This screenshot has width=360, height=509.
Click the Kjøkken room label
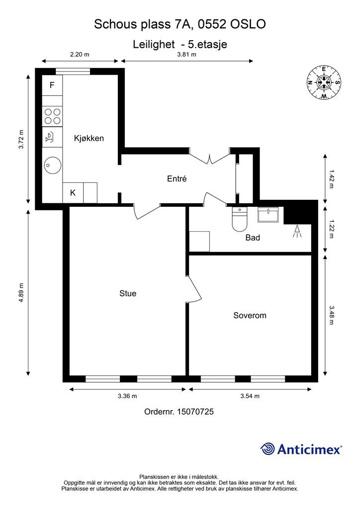89,138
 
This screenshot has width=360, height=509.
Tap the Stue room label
128,293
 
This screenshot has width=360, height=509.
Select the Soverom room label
250,315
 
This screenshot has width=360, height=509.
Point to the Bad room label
253,238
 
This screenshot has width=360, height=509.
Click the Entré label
177,178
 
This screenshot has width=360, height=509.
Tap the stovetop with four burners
53,116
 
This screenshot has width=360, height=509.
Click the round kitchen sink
52,165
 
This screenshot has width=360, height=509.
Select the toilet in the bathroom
240,219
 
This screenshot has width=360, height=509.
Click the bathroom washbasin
268,214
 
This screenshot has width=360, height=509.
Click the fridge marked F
52,85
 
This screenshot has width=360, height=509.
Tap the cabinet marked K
73,193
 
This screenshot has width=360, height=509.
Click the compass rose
324,83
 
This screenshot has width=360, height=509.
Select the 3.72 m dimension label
21,139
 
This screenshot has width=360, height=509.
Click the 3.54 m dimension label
250,396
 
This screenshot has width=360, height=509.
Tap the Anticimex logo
301,449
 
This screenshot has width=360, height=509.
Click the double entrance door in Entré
210,156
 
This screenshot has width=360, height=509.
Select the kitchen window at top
73,72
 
